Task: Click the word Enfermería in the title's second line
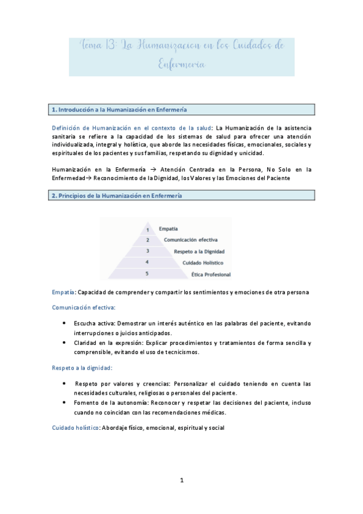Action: (182, 64)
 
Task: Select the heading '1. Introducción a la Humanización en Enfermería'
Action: (119, 110)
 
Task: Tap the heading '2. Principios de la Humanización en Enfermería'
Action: (116, 195)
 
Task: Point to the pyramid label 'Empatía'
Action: (168, 229)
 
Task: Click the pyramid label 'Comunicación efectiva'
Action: (190, 240)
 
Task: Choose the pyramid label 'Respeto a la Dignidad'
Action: (199, 251)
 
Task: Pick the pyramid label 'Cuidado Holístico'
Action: (202, 262)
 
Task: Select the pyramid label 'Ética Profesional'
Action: (210, 275)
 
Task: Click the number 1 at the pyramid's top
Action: (147, 229)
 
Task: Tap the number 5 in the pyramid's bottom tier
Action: (147, 274)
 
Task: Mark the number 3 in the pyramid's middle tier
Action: (147, 251)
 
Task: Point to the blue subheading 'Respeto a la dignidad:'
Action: (82, 367)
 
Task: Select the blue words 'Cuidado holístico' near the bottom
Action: (75, 427)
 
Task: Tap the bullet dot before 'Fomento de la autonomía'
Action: (64, 402)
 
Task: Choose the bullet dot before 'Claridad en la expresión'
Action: (64, 342)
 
